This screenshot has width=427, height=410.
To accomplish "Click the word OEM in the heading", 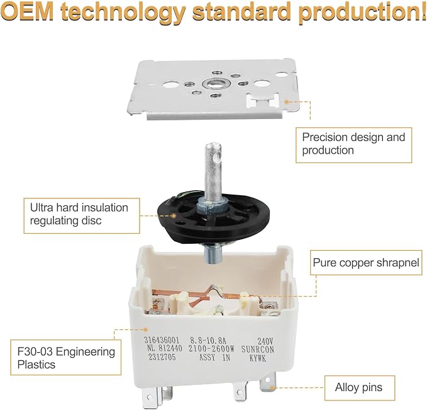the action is tap(26, 11).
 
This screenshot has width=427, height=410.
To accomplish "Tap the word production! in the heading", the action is tap(362, 12).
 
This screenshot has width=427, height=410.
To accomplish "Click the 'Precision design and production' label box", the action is tap(354, 145).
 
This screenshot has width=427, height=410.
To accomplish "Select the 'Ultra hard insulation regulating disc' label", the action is tap(82, 215).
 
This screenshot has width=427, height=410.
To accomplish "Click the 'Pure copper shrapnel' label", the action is tap(366, 263).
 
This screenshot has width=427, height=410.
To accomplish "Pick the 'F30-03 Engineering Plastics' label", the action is tap(65, 357).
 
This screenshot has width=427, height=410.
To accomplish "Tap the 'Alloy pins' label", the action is tap(360, 387).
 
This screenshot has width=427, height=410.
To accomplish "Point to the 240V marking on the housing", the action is tap(265, 341).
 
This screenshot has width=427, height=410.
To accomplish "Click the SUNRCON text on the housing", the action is tap(258, 349).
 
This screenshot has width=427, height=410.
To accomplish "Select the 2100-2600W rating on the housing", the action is tap(211, 349).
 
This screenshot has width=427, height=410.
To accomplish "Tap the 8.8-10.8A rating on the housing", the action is tap(208, 341).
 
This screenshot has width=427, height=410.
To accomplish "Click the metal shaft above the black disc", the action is tap(213, 171).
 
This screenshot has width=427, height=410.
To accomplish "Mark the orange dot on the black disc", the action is tap(174, 216).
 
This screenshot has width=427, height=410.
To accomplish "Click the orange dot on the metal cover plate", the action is tap(287, 102).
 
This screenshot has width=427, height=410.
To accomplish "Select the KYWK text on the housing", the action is tap(258, 358).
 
